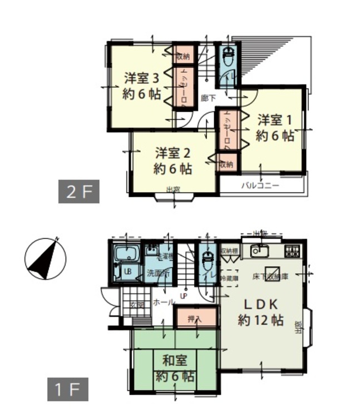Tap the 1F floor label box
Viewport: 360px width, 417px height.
pos(67,390)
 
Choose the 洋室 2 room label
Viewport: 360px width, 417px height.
pos(173,152)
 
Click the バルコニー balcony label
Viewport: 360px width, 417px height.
pos(260,186)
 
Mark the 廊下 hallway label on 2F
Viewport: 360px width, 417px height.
pos(208,97)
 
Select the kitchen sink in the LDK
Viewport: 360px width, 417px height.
pos(259,251)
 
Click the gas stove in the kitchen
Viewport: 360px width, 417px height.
pos(292,251)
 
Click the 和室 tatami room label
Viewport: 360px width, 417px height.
pos(175,360)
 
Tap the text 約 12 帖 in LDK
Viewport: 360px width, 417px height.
pos(260,320)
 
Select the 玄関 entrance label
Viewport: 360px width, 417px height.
pos(137,304)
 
